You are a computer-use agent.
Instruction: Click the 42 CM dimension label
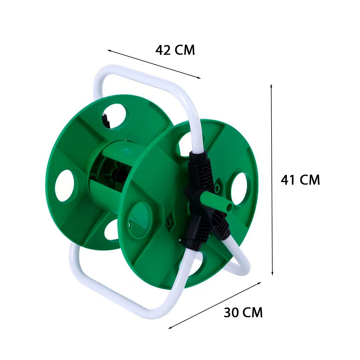(175, 50)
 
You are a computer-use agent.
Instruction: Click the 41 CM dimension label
(300, 180)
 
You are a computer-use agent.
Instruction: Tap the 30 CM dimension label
(243, 312)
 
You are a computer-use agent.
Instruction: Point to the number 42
(163, 50)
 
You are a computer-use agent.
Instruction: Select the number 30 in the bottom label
(231, 312)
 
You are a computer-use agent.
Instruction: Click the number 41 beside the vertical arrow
(287, 180)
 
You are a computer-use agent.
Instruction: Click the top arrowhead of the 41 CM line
(271, 86)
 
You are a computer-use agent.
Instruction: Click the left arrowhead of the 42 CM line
(109, 50)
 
